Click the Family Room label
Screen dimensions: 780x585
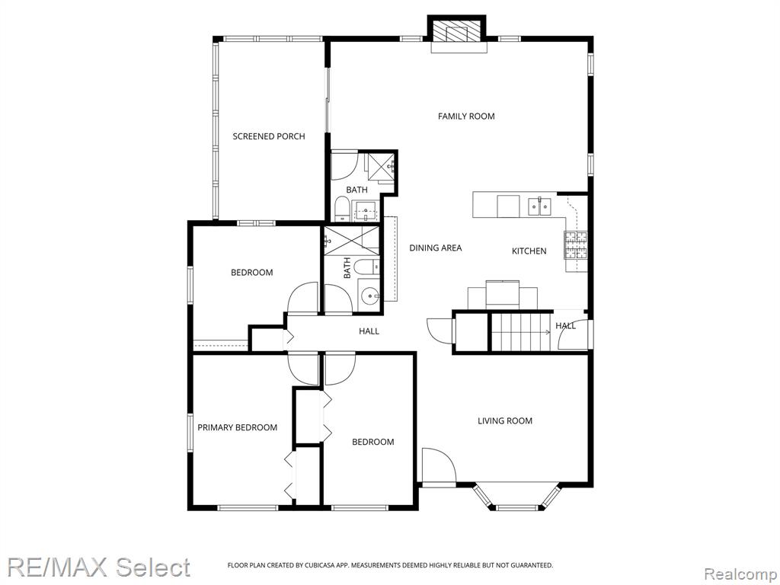pos(466,117)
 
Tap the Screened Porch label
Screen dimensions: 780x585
pos(269,136)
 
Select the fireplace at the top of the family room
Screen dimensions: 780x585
pos(458,34)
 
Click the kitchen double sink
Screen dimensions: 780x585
pos(539,206)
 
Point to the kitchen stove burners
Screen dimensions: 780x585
pos(576,245)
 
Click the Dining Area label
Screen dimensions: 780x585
pos(435,248)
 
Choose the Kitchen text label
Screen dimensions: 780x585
pos(529,251)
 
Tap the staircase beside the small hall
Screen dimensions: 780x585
pos(521,332)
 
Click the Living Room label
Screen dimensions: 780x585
pos(505,420)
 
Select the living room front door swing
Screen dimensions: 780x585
pos(439,465)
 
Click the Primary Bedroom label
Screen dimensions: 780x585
pos(238,427)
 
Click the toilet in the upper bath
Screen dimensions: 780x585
pos(342,209)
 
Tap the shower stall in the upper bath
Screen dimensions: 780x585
pos(381,168)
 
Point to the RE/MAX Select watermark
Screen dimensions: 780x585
pos(98,567)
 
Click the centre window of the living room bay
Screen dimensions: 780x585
pos(516,507)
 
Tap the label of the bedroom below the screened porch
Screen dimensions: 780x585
pos(251,273)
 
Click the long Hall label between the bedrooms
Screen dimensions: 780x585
pos(369,331)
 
